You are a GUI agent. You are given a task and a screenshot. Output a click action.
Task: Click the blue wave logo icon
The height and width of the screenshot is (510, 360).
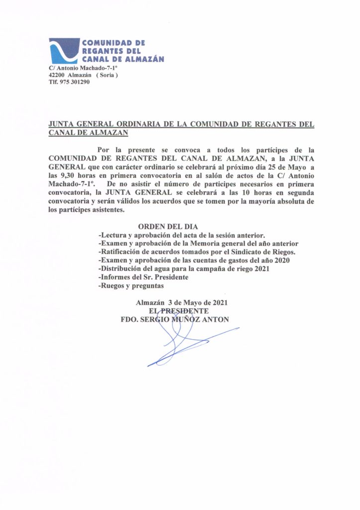click(64, 50)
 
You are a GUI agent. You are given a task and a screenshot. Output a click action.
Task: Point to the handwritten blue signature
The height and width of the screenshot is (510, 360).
click(184, 344)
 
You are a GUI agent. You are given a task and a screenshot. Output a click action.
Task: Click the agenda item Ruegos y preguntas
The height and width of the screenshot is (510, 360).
click(132, 286)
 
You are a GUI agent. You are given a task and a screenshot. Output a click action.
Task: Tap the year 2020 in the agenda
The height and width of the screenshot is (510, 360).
click(281, 260)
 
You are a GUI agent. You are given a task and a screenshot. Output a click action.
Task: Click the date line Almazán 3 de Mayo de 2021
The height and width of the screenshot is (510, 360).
click(182, 302)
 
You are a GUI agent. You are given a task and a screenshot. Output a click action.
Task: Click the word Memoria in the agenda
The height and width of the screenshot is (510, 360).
click(216, 244)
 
